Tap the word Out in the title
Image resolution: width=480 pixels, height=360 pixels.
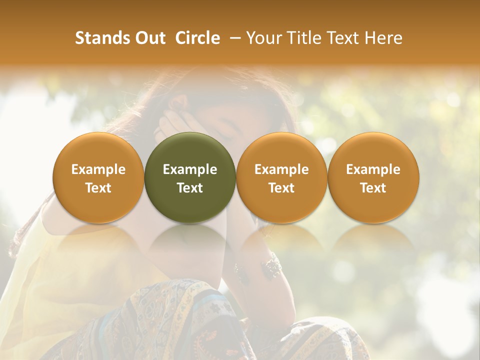(x=148, y=38)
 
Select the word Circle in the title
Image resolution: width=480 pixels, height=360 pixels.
(x=197, y=38)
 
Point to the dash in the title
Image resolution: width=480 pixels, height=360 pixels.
(x=233, y=38)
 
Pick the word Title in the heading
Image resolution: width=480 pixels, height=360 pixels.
(x=304, y=38)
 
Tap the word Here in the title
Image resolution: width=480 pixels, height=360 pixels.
(x=384, y=38)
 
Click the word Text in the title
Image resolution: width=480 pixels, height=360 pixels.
(x=344, y=38)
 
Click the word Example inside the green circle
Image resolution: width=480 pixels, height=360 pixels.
(x=190, y=169)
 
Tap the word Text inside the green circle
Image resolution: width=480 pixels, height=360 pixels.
(x=190, y=188)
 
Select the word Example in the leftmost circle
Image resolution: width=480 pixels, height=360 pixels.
(x=98, y=169)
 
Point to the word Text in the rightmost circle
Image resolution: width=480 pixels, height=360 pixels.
(x=373, y=188)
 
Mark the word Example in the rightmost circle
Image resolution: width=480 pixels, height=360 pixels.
(x=373, y=169)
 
